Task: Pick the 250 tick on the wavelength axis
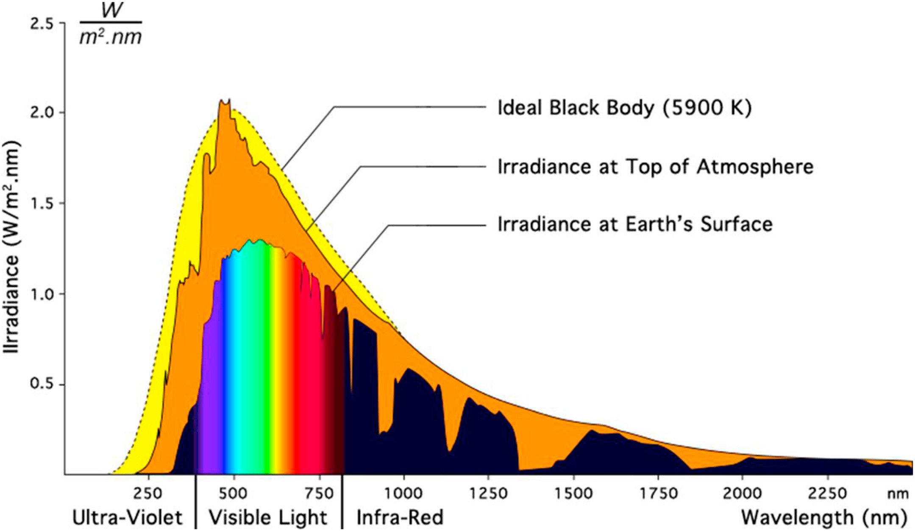pos(148,494)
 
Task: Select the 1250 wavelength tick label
pos(488,494)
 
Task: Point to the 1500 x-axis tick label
pos(573,494)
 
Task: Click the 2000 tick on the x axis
pos(743,494)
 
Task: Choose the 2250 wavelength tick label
pos(827,494)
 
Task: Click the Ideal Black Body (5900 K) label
pos(624,108)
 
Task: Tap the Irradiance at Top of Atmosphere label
pos(655,167)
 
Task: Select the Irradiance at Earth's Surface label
pos(635,224)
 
